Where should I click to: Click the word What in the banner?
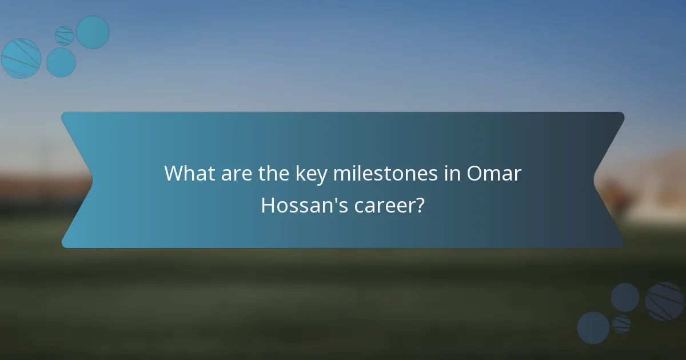click(185, 174)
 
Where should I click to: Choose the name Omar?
click(494, 174)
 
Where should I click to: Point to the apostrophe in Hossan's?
click(330, 200)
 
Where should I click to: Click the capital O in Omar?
click(476, 174)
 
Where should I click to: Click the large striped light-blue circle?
click(21, 58)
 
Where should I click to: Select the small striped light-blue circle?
click(65, 35)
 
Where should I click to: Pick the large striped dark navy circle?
click(665, 301)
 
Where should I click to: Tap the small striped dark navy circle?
click(622, 324)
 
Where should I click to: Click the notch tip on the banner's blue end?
click(92, 179)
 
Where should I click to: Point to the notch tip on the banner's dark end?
click(594, 179)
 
